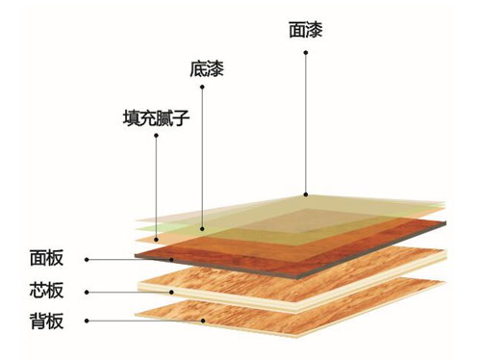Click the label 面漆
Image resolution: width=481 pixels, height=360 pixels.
305,30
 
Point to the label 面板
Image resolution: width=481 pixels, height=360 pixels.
46,259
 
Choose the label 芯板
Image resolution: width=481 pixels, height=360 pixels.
46,290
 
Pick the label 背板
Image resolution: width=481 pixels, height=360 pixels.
46,321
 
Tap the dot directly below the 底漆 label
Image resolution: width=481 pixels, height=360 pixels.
203,89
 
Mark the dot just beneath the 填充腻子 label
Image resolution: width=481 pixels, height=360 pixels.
156,136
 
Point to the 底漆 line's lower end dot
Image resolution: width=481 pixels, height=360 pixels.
203,230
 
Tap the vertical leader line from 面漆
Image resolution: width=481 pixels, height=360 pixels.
306,125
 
